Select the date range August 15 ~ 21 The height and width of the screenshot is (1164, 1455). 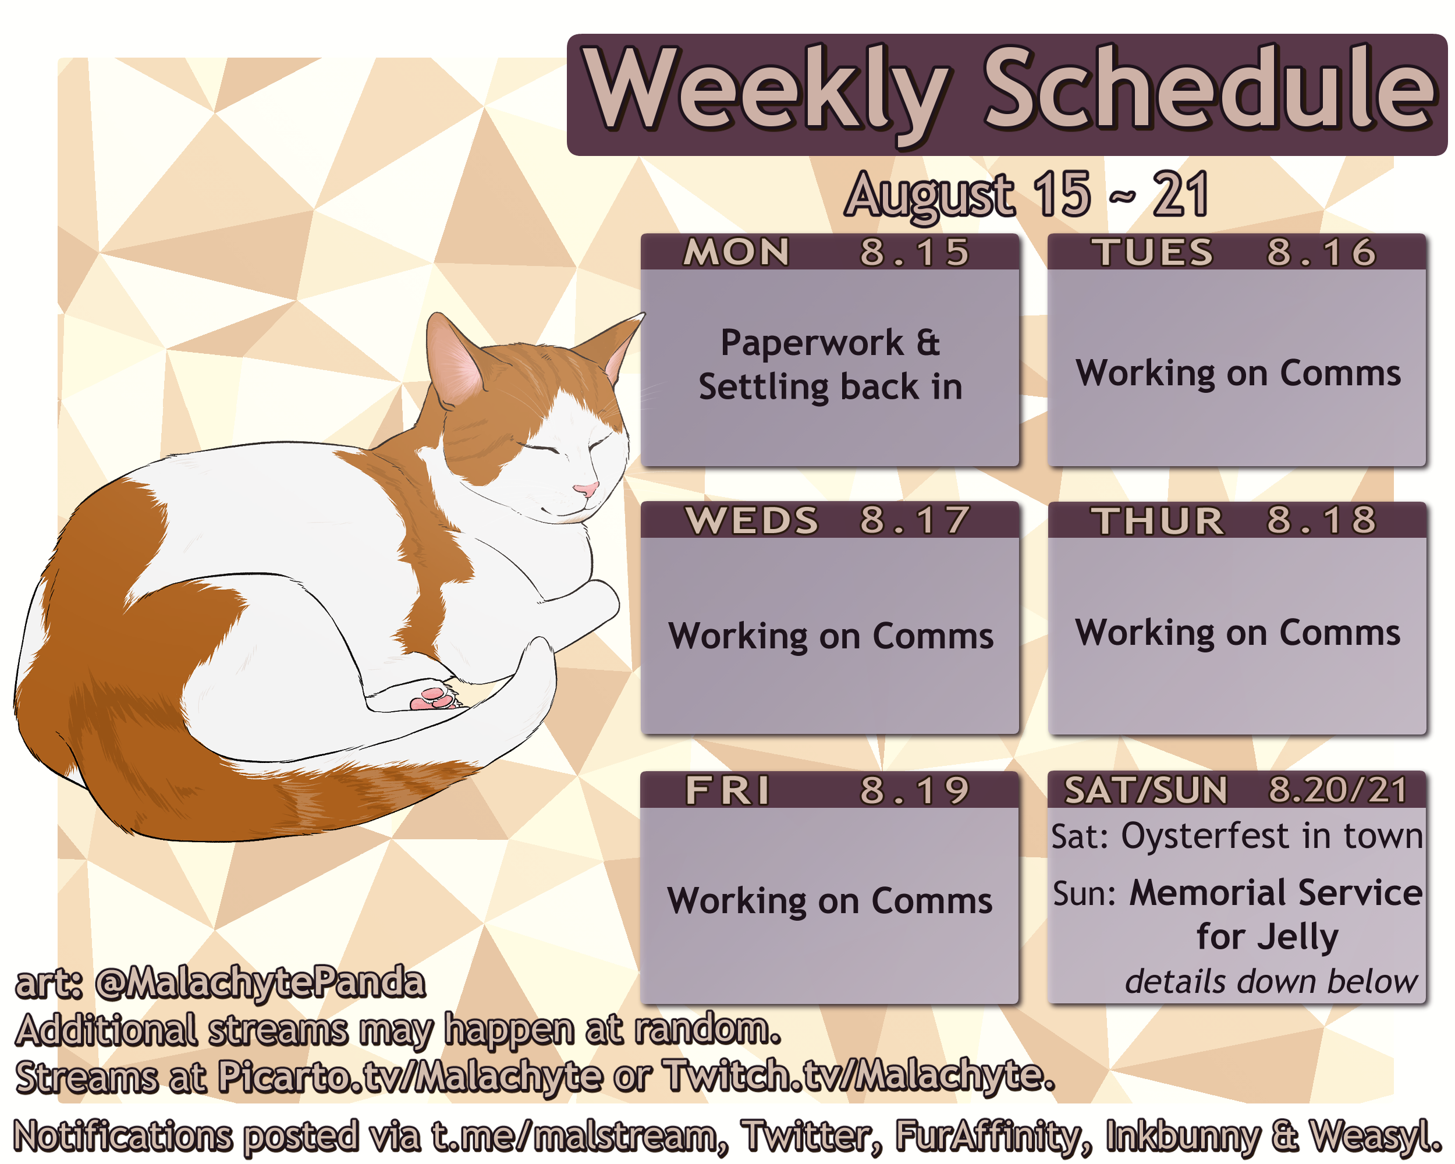(1027, 195)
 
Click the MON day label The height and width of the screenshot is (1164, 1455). (736, 253)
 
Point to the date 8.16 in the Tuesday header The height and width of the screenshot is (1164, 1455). (1321, 253)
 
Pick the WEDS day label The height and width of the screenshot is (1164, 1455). (752, 520)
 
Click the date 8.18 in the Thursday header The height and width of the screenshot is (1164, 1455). (1321, 520)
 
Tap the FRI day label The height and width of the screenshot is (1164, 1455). (727, 790)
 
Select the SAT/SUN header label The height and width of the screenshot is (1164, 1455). (1146, 790)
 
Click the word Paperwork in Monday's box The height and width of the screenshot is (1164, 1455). (811, 343)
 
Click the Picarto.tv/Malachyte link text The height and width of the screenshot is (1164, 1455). (410, 1076)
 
